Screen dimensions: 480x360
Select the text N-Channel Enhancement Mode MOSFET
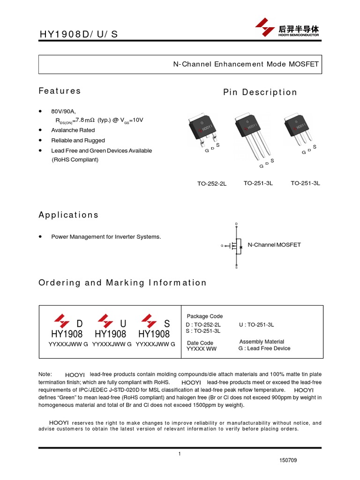(246, 64)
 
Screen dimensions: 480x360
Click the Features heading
(60, 91)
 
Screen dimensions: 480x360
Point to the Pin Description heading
(260, 92)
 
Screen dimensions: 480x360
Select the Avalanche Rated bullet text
(73, 130)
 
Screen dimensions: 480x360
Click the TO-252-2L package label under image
(212, 183)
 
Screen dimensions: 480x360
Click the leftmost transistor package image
(203, 129)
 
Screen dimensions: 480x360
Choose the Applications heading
(68, 215)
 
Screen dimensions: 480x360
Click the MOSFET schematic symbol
(236, 245)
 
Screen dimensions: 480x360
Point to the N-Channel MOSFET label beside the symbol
(274, 245)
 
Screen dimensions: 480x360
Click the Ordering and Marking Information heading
(122, 283)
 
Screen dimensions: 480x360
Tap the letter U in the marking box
(123, 324)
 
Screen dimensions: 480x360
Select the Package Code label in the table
(205, 316)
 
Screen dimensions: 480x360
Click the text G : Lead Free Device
(264, 349)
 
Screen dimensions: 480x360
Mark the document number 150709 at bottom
(288, 460)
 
